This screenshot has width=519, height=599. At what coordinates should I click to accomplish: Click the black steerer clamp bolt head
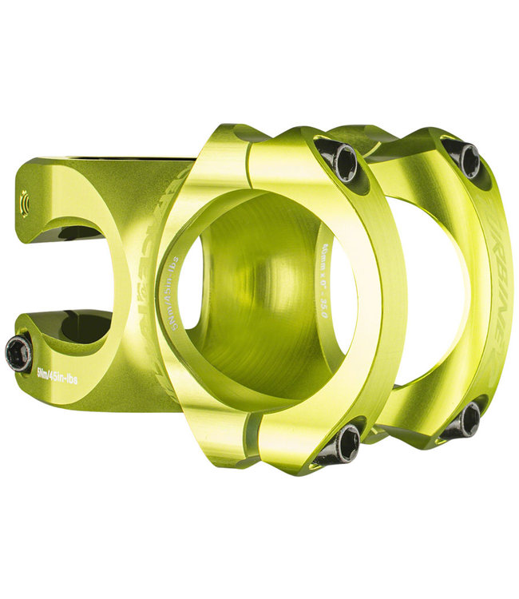(x=18, y=352)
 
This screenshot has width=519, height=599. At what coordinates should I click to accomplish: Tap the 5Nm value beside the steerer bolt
(x=46, y=370)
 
